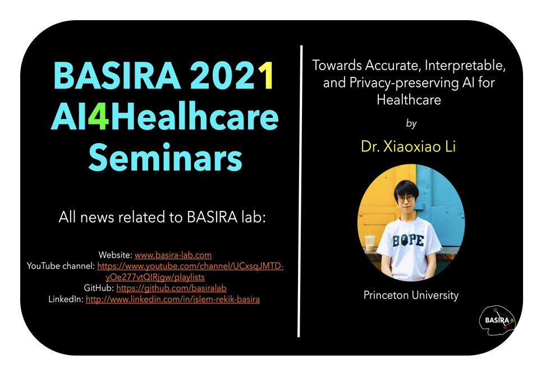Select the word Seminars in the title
point(165,158)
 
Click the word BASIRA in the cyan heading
point(117,75)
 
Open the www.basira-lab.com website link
point(173,255)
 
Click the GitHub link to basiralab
point(171,288)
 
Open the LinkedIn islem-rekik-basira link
point(173,299)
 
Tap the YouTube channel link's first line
point(190,266)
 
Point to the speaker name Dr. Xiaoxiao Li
point(409,146)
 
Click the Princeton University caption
point(411,295)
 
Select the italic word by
point(411,123)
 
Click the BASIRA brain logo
point(497,320)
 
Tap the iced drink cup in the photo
point(370,243)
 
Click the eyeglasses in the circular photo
point(405,199)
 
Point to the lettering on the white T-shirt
point(408,241)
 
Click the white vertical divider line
point(300,191)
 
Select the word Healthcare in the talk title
point(409,100)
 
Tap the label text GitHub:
point(99,288)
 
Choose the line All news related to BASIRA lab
point(162,217)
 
